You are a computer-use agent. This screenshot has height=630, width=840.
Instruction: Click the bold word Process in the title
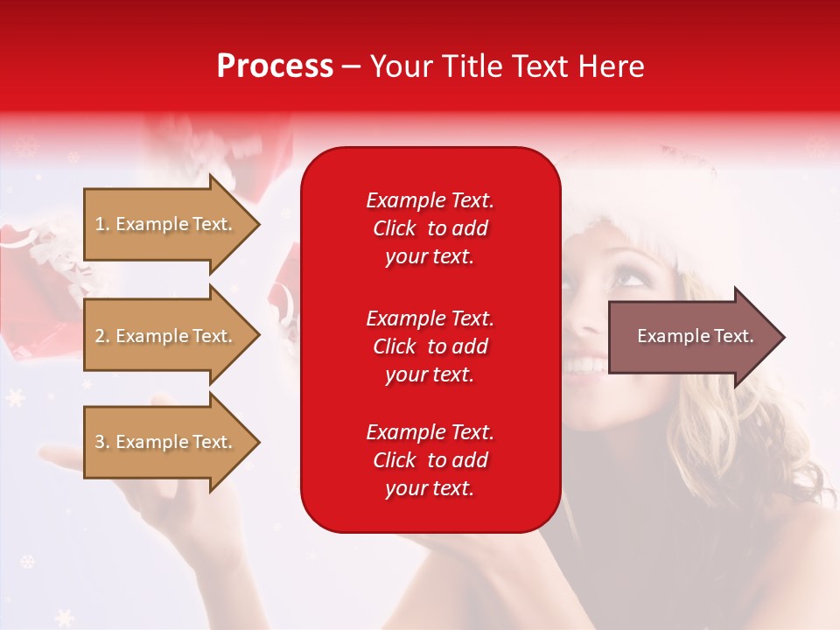[x=275, y=66]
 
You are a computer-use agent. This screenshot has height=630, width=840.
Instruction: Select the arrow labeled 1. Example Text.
[x=166, y=224]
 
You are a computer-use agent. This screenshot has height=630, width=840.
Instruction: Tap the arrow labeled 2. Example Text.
[x=166, y=336]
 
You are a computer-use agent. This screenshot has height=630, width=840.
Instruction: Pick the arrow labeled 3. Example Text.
[x=166, y=442]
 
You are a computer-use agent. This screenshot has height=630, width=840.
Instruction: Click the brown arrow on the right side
[x=691, y=337]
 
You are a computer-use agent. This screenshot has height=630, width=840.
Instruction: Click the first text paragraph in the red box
[x=430, y=228]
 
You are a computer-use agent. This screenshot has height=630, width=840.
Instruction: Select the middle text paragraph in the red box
[x=430, y=346]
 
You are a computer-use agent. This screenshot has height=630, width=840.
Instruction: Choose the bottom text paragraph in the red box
[x=430, y=460]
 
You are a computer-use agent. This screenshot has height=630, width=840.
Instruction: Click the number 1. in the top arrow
[x=102, y=224]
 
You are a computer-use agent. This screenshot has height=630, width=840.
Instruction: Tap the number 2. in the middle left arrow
[x=102, y=336]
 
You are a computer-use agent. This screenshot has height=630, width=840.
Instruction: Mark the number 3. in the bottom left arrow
[x=102, y=442]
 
